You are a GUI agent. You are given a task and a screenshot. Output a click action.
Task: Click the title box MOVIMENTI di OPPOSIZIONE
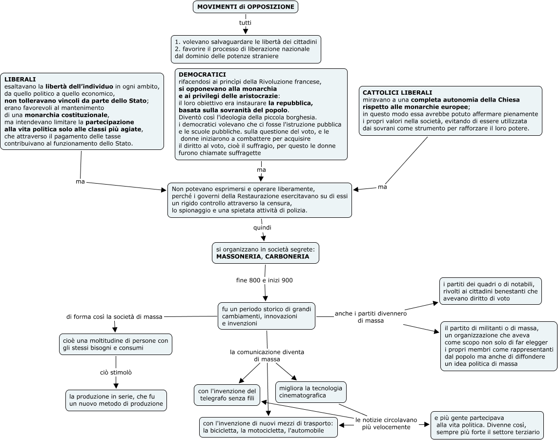(246, 7)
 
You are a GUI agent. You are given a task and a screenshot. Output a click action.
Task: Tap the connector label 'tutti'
(245, 23)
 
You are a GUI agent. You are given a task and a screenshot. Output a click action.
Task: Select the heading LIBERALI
(20, 80)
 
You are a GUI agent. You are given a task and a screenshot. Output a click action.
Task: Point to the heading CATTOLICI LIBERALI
(397, 93)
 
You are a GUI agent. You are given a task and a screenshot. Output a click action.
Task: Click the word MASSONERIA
(239, 256)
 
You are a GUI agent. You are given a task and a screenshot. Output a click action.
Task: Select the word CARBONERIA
(287, 256)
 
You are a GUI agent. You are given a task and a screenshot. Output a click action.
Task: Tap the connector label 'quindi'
(262, 228)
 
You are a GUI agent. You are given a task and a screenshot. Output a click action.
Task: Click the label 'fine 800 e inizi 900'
(265, 280)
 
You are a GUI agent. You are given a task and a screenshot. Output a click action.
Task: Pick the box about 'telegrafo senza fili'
(227, 395)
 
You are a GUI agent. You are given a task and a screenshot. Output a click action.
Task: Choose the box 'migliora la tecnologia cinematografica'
(310, 392)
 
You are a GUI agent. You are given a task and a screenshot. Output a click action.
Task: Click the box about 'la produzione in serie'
(116, 400)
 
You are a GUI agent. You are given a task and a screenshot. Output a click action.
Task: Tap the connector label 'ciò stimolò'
(116, 372)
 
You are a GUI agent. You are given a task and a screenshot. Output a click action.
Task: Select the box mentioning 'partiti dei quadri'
(490, 291)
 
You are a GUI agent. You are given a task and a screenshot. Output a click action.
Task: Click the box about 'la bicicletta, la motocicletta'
(269, 427)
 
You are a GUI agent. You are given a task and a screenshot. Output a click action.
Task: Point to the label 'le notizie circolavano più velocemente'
(386, 423)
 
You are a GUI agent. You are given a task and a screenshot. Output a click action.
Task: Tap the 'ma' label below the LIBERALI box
(80, 182)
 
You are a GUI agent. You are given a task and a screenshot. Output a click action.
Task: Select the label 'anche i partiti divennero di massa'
(371, 317)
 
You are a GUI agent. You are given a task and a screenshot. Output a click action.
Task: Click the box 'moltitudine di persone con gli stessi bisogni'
(116, 344)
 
